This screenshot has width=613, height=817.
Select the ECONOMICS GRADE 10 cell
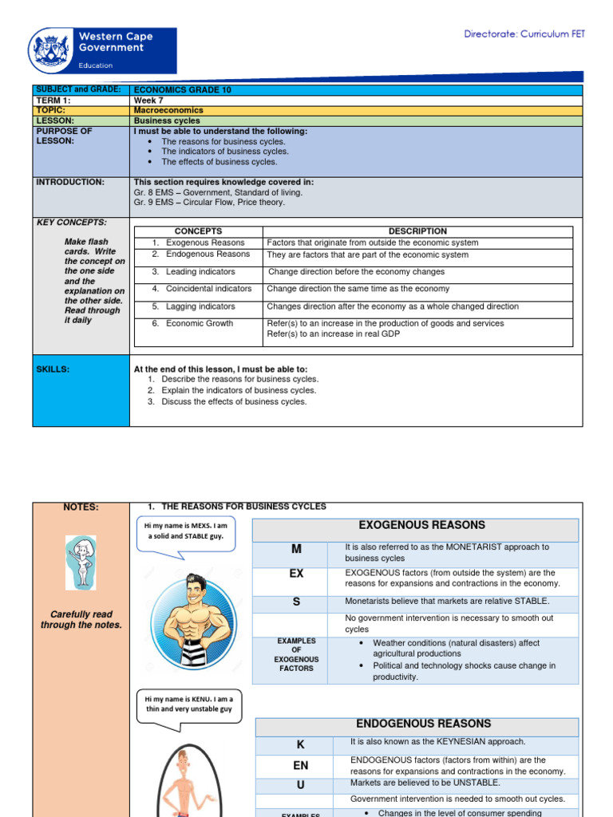tap(183, 90)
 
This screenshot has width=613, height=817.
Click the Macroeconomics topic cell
tap(168, 111)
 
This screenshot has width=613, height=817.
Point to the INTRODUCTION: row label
tap(70, 182)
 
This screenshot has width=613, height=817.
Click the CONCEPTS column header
tap(198, 231)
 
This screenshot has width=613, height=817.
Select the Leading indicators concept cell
tap(200, 272)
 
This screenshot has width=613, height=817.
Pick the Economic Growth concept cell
tap(200, 323)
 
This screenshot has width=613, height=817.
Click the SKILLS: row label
tap(53, 369)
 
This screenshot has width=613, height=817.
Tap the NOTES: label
tap(80, 507)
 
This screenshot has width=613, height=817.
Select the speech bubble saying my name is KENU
tap(189, 704)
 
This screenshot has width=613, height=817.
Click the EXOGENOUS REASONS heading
tap(415, 526)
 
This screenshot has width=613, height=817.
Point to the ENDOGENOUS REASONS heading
tap(423, 724)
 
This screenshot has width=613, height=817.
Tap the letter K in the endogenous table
tap(300, 744)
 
